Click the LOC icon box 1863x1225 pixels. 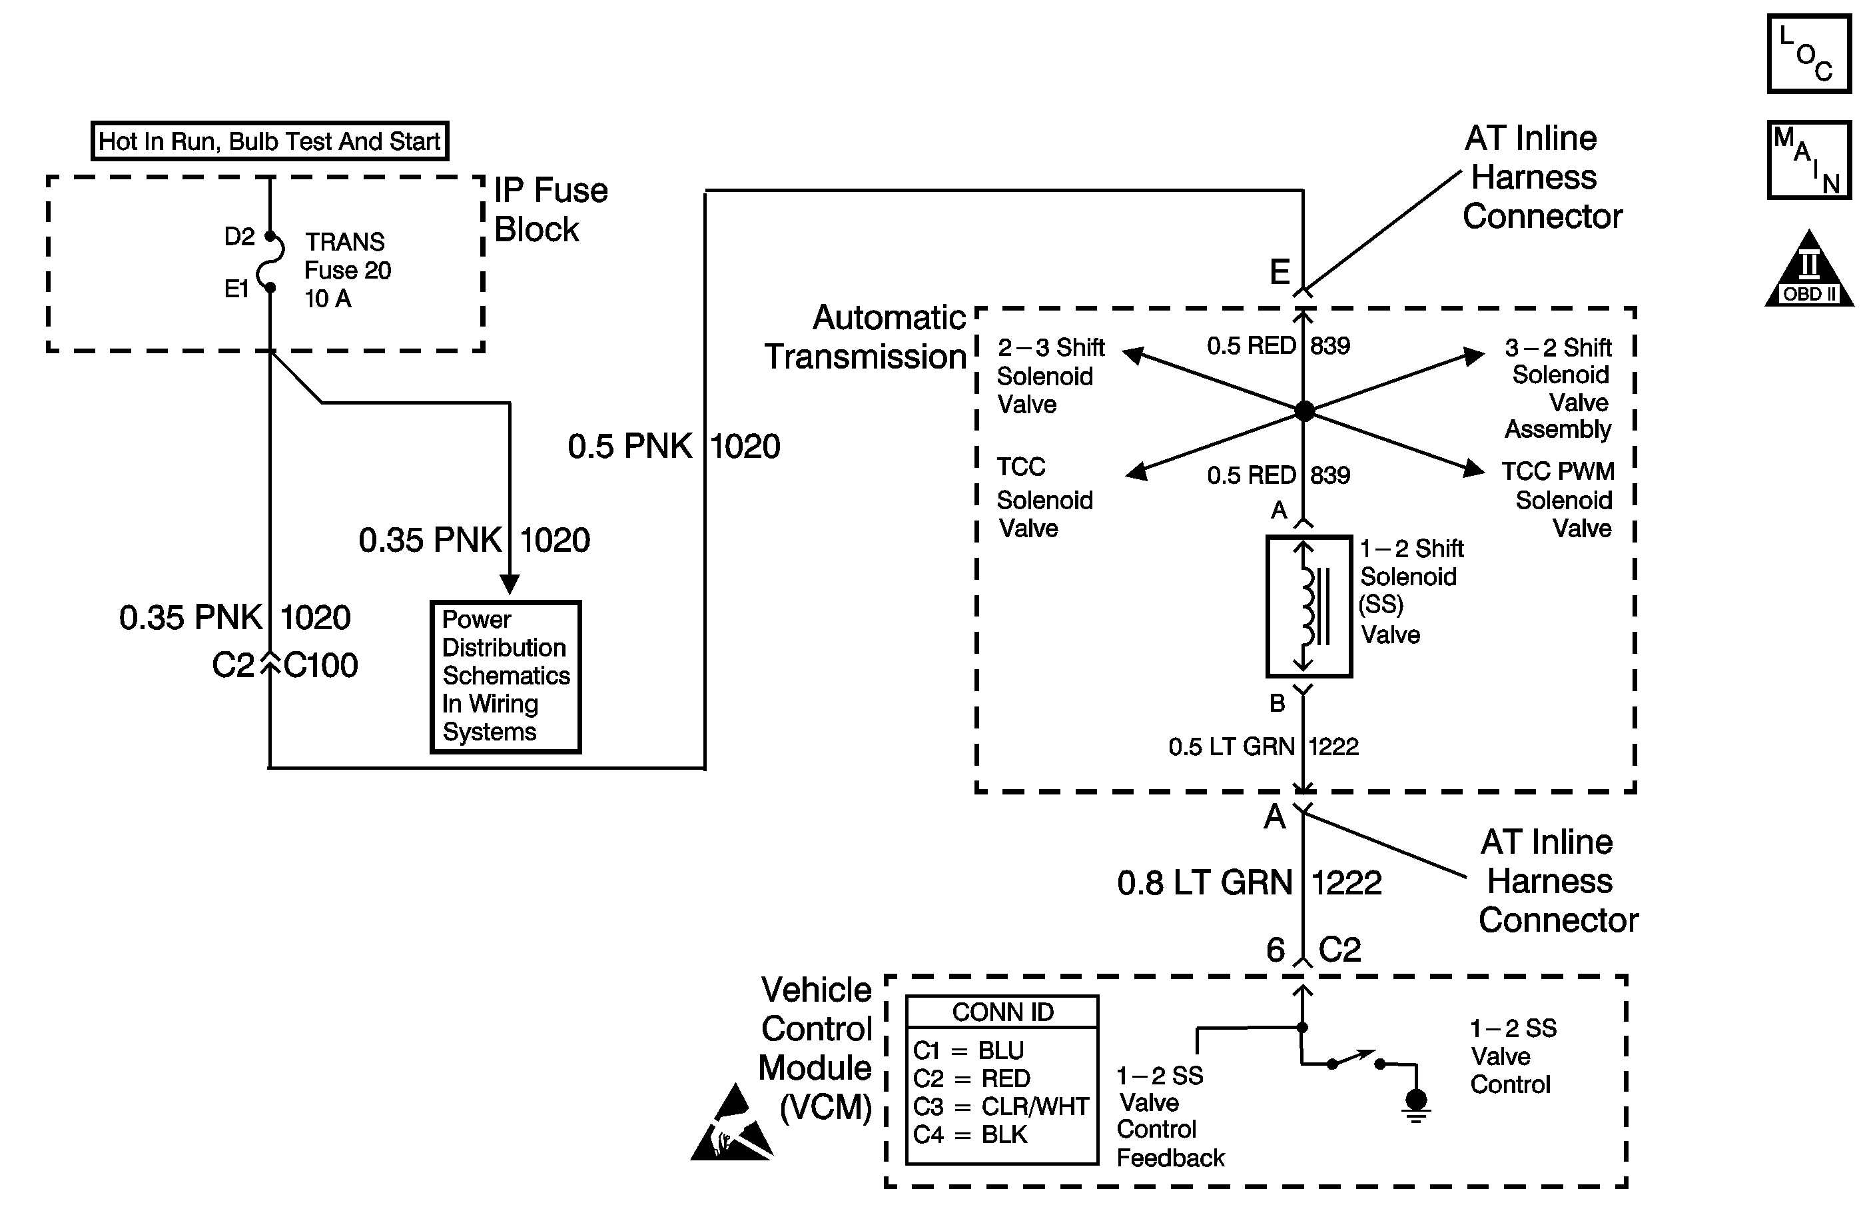[x=1809, y=54]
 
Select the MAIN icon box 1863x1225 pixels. [x=1809, y=160]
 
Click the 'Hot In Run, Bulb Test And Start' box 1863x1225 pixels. [x=269, y=141]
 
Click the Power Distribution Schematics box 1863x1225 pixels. [x=506, y=676]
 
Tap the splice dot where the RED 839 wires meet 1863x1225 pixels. [x=1304, y=411]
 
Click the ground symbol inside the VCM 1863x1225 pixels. [x=1416, y=1103]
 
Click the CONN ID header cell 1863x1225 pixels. [x=1002, y=1012]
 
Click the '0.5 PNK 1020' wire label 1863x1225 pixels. [x=673, y=447]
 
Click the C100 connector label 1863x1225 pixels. [x=321, y=666]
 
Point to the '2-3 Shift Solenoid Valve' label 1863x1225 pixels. [x=1049, y=376]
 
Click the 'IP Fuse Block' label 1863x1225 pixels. [x=550, y=210]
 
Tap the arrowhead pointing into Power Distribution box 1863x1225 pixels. [x=510, y=585]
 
